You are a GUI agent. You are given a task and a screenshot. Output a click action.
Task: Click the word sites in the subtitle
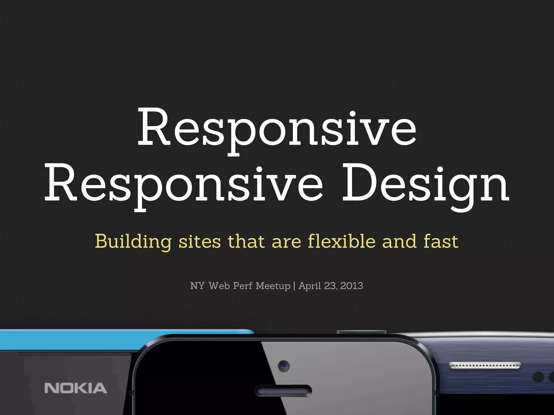[200, 241]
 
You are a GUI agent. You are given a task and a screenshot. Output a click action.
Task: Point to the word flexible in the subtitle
[341, 241]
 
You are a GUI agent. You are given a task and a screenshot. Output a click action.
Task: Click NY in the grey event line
[197, 286]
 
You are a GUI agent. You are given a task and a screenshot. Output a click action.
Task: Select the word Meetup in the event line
[273, 286]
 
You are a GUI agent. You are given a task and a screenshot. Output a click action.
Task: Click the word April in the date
[309, 286]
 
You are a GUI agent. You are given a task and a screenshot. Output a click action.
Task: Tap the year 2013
[351, 286]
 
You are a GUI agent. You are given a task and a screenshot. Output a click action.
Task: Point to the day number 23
[330, 286]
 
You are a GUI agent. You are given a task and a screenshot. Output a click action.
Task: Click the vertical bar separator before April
[294, 286]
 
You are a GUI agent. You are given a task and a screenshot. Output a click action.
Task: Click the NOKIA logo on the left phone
[76, 388]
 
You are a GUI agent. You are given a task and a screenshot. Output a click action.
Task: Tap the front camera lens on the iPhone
[284, 366]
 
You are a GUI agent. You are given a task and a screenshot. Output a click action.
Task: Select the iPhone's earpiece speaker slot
[283, 391]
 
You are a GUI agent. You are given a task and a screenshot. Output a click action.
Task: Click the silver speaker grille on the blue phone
[484, 366]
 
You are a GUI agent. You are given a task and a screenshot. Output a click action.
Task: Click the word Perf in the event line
[242, 286]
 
